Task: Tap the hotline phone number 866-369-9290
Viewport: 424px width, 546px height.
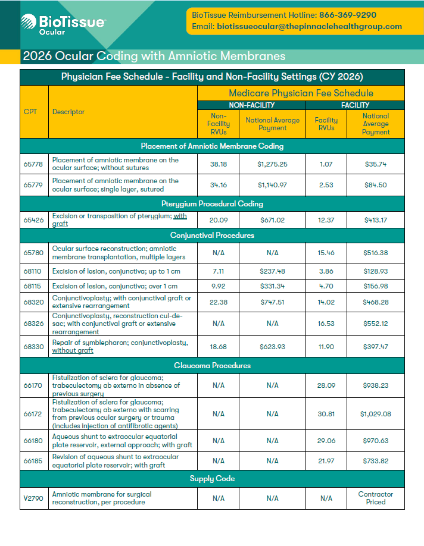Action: (348, 15)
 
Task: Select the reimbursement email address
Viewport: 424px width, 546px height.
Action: (309, 27)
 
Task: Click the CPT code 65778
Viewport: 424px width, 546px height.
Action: (33, 164)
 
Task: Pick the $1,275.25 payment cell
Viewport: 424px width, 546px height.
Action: (272, 164)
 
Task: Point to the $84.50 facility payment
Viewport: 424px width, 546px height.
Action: (375, 185)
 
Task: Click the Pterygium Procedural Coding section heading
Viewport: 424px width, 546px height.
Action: (212, 204)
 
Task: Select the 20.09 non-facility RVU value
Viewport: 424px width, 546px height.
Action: (219, 220)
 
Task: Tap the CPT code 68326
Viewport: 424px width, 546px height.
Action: (33, 324)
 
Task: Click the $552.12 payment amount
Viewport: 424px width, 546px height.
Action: (375, 324)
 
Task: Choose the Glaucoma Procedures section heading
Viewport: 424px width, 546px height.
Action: (212, 365)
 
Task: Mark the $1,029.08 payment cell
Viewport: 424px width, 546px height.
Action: (375, 413)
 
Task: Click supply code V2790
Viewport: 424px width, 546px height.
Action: (33, 498)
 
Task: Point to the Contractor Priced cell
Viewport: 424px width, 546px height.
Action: (375, 498)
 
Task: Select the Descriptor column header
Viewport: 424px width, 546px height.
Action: (68, 112)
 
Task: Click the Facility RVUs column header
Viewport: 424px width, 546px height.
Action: (326, 124)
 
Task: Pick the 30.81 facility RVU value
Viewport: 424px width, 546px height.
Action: (326, 413)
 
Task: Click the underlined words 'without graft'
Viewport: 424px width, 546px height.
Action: (73, 350)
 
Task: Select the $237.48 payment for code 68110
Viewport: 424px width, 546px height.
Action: (272, 271)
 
